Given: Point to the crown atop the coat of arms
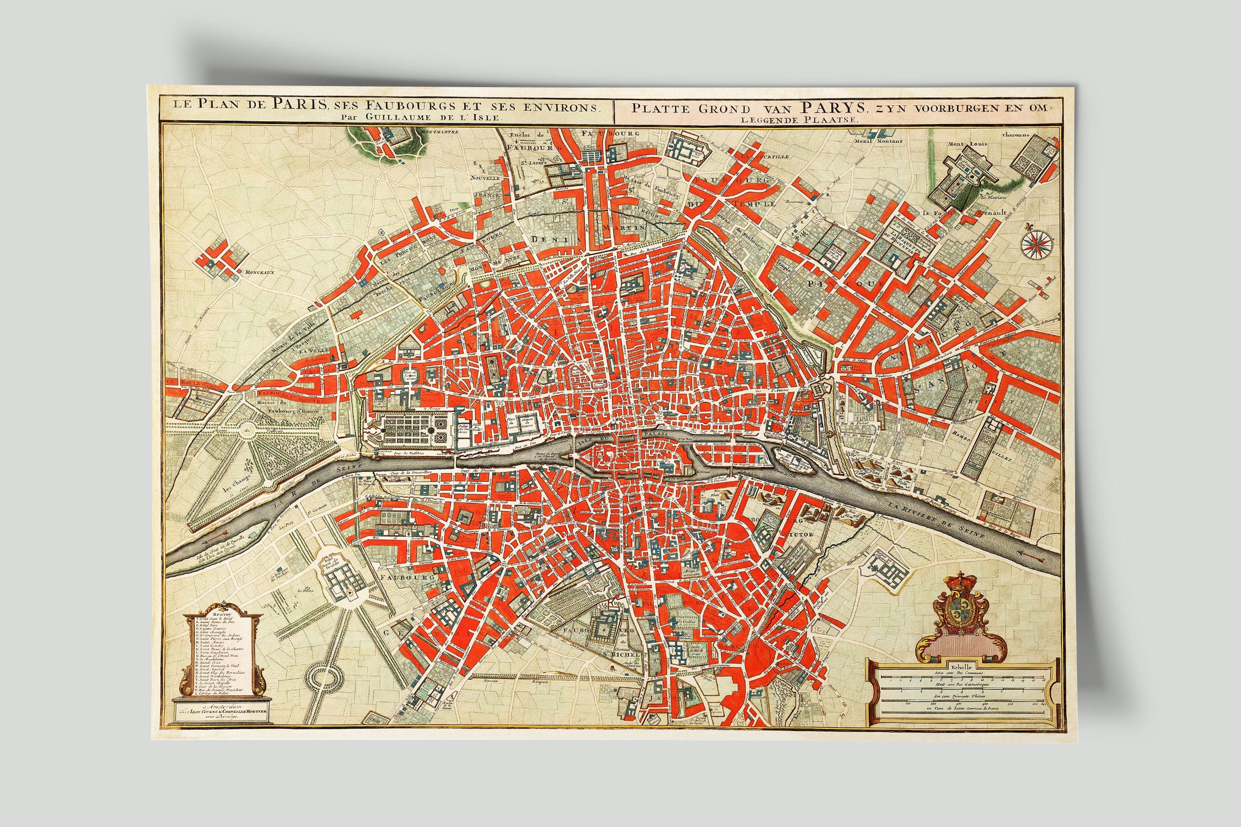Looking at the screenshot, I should tap(956, 582).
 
